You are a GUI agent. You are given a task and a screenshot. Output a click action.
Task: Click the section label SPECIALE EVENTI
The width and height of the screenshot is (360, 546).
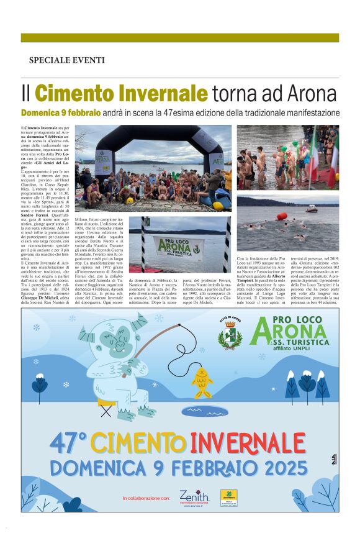pyautogui.click(x=66, y=60)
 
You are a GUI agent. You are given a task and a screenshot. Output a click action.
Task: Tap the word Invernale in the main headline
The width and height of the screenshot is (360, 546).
pyautogui.click(x=163, y=94)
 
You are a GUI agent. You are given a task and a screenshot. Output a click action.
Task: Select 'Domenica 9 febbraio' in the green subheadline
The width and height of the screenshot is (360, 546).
pyautogui.click(x=61, y=113)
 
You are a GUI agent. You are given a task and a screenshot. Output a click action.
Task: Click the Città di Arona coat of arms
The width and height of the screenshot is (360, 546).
pyautogui.click(x=230, y=334)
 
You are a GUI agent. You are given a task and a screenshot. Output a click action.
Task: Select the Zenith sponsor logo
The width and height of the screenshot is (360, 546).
pyautogui.click(x=194, y=497)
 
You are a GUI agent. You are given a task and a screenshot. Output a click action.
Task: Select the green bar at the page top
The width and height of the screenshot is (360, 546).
pyautogui.click(x=180, y=38)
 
